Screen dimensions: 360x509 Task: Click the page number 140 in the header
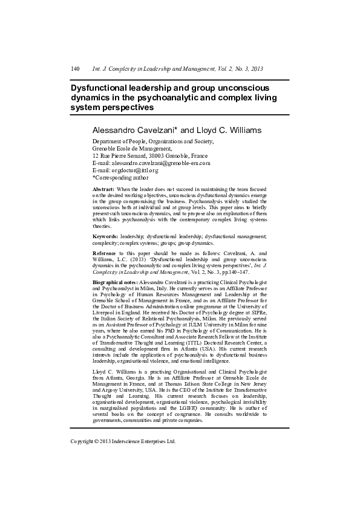(x=76, y=69)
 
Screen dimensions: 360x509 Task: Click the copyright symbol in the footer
(x=96, y=441)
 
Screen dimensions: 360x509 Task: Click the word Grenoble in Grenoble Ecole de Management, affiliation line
(x=107, y=148)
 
